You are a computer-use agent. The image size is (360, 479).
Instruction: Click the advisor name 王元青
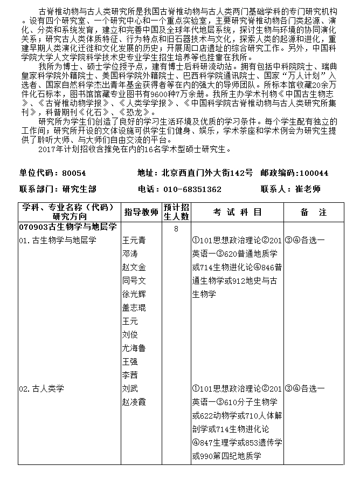click(134, 240)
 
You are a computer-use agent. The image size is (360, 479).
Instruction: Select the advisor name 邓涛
click(130, 254)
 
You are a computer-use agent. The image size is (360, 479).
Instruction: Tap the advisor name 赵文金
click(134, 267)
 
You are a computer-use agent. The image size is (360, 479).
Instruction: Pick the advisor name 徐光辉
click(134, 294)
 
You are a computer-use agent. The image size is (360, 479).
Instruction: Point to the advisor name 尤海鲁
click(134, 348)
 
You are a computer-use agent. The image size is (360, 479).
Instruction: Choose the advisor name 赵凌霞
click(134, 402)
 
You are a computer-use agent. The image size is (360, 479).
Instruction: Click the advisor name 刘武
click(130, 388)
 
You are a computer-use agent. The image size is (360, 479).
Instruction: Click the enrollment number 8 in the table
click(176, 229)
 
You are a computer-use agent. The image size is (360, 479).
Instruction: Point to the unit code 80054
click(74, 173)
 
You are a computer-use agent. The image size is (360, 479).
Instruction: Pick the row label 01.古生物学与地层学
click(57, 240)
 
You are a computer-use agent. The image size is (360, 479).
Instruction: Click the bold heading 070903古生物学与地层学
click(67, 227)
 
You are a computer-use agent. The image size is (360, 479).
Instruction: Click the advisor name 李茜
click(130, 375)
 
